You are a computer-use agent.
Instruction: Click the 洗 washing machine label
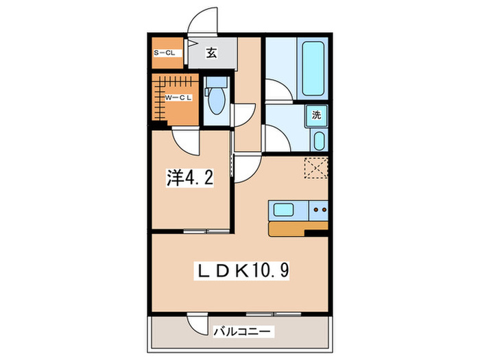click(x=317, y=116)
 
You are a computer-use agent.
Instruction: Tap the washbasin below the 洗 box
click(x=319, y=142)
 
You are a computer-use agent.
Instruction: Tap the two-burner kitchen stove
click(x=319, y=210)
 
